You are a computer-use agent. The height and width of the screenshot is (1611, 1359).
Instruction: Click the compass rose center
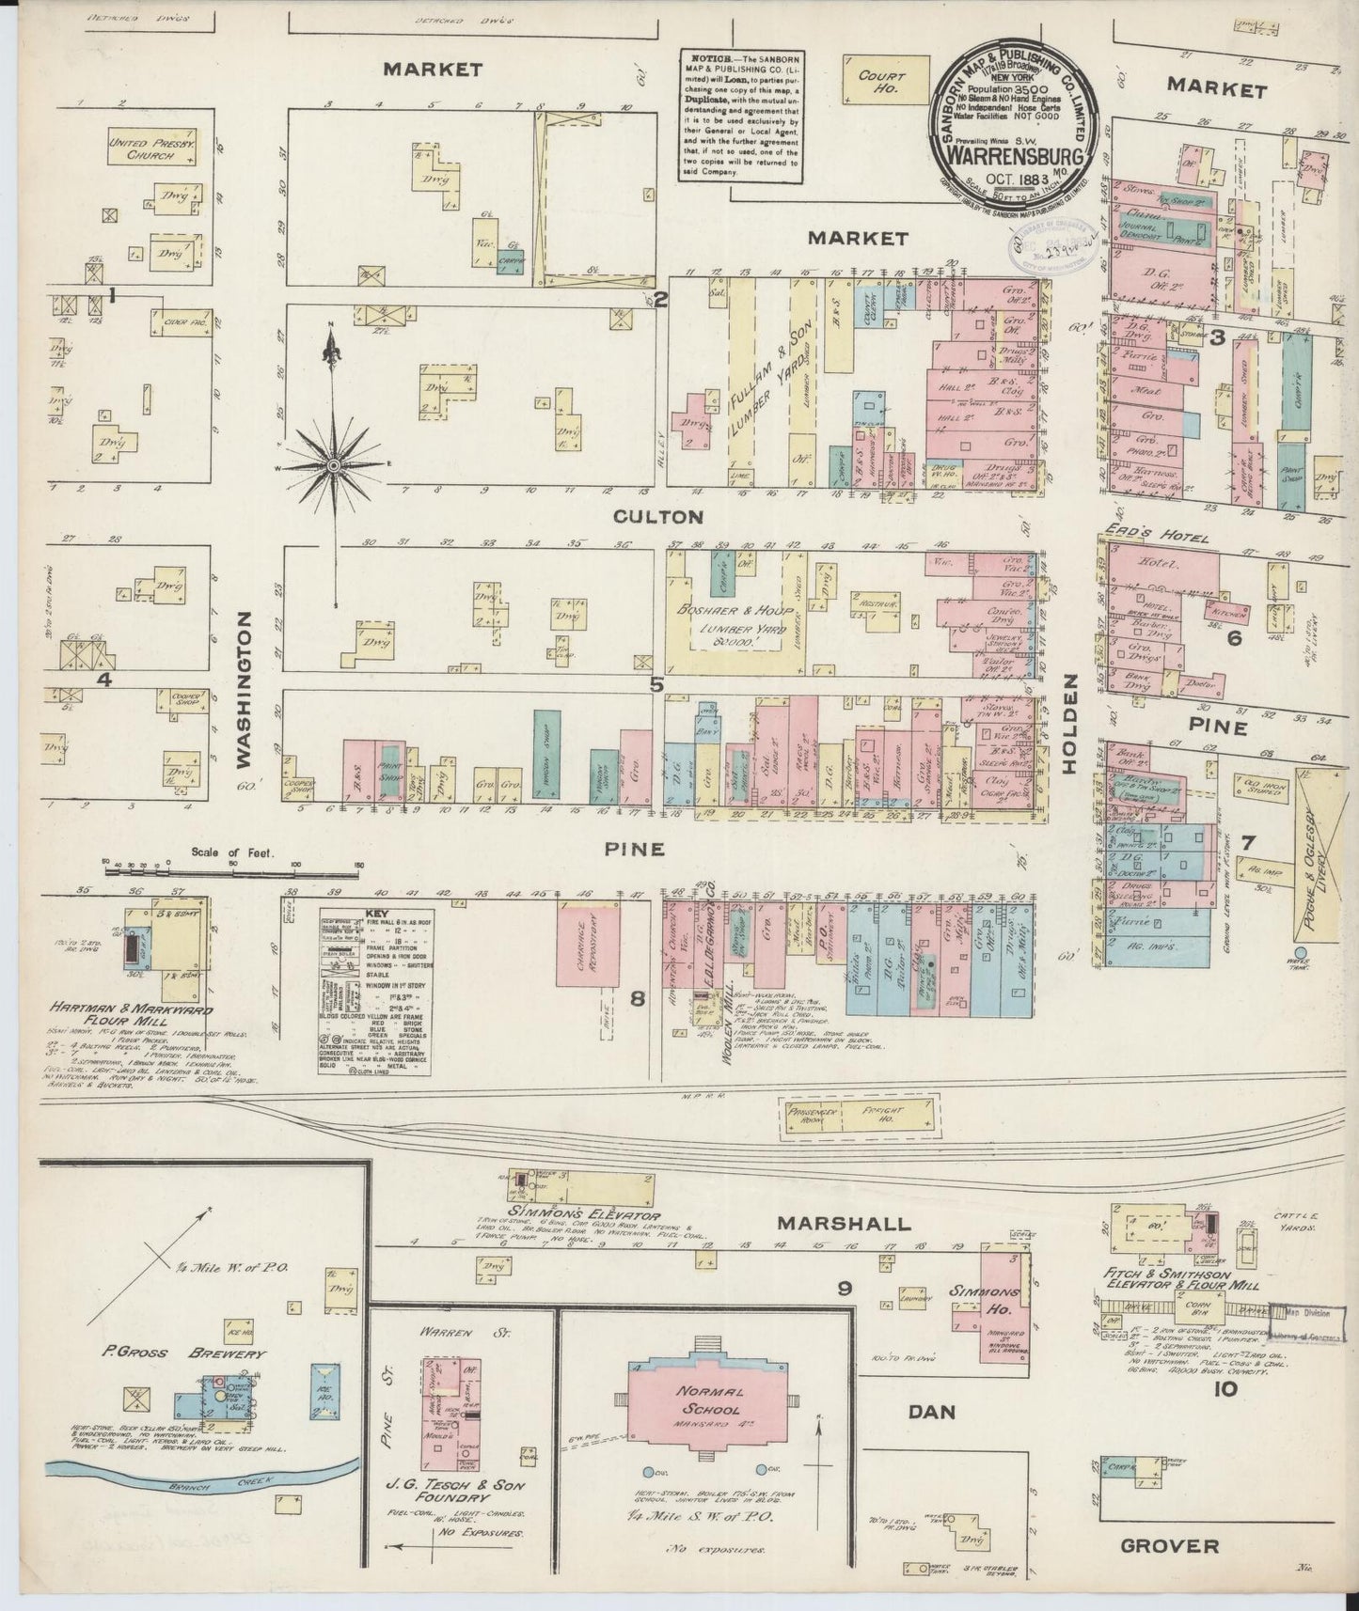[333, 465]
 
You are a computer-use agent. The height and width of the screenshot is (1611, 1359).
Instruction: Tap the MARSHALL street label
[844, 1224]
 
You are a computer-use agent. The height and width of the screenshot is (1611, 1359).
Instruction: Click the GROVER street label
[1170, 1545]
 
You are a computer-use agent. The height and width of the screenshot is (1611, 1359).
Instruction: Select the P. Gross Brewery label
[185, 1354]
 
